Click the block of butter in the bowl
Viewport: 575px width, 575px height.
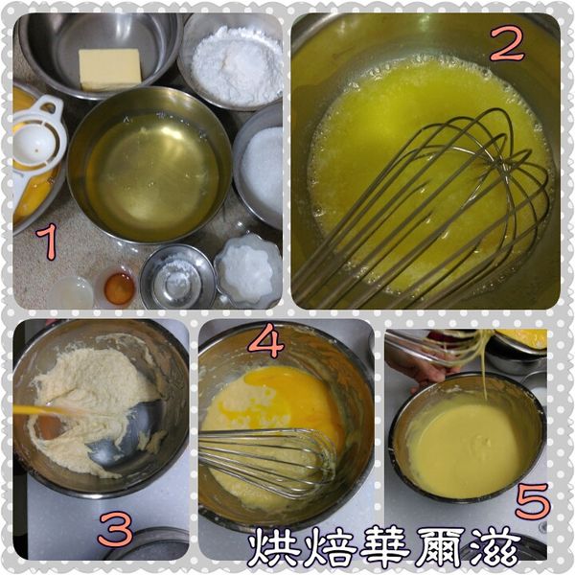tap(109, 69)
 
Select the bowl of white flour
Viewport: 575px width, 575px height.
tap(236, 65)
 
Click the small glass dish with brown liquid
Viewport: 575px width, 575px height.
tap(119, 287)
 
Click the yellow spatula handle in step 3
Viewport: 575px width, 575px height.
tap(43, 410)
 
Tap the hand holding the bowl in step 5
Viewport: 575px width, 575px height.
tap(422, 369)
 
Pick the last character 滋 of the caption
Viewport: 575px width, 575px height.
tap(498, 548)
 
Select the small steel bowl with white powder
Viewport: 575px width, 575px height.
tap(177, 278)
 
